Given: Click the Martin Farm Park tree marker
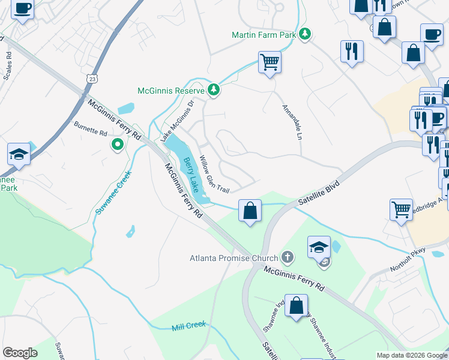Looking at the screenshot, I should click(306, 34).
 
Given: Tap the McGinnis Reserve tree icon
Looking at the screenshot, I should click(213, 91).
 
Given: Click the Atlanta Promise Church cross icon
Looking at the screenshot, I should click(288, 259).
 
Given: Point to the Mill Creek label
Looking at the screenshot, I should click(188, 325).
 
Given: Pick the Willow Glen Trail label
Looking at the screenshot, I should click(214, 175).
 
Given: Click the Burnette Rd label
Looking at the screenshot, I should click(90, 128).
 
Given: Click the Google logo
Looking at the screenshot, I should click(20, 353).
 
